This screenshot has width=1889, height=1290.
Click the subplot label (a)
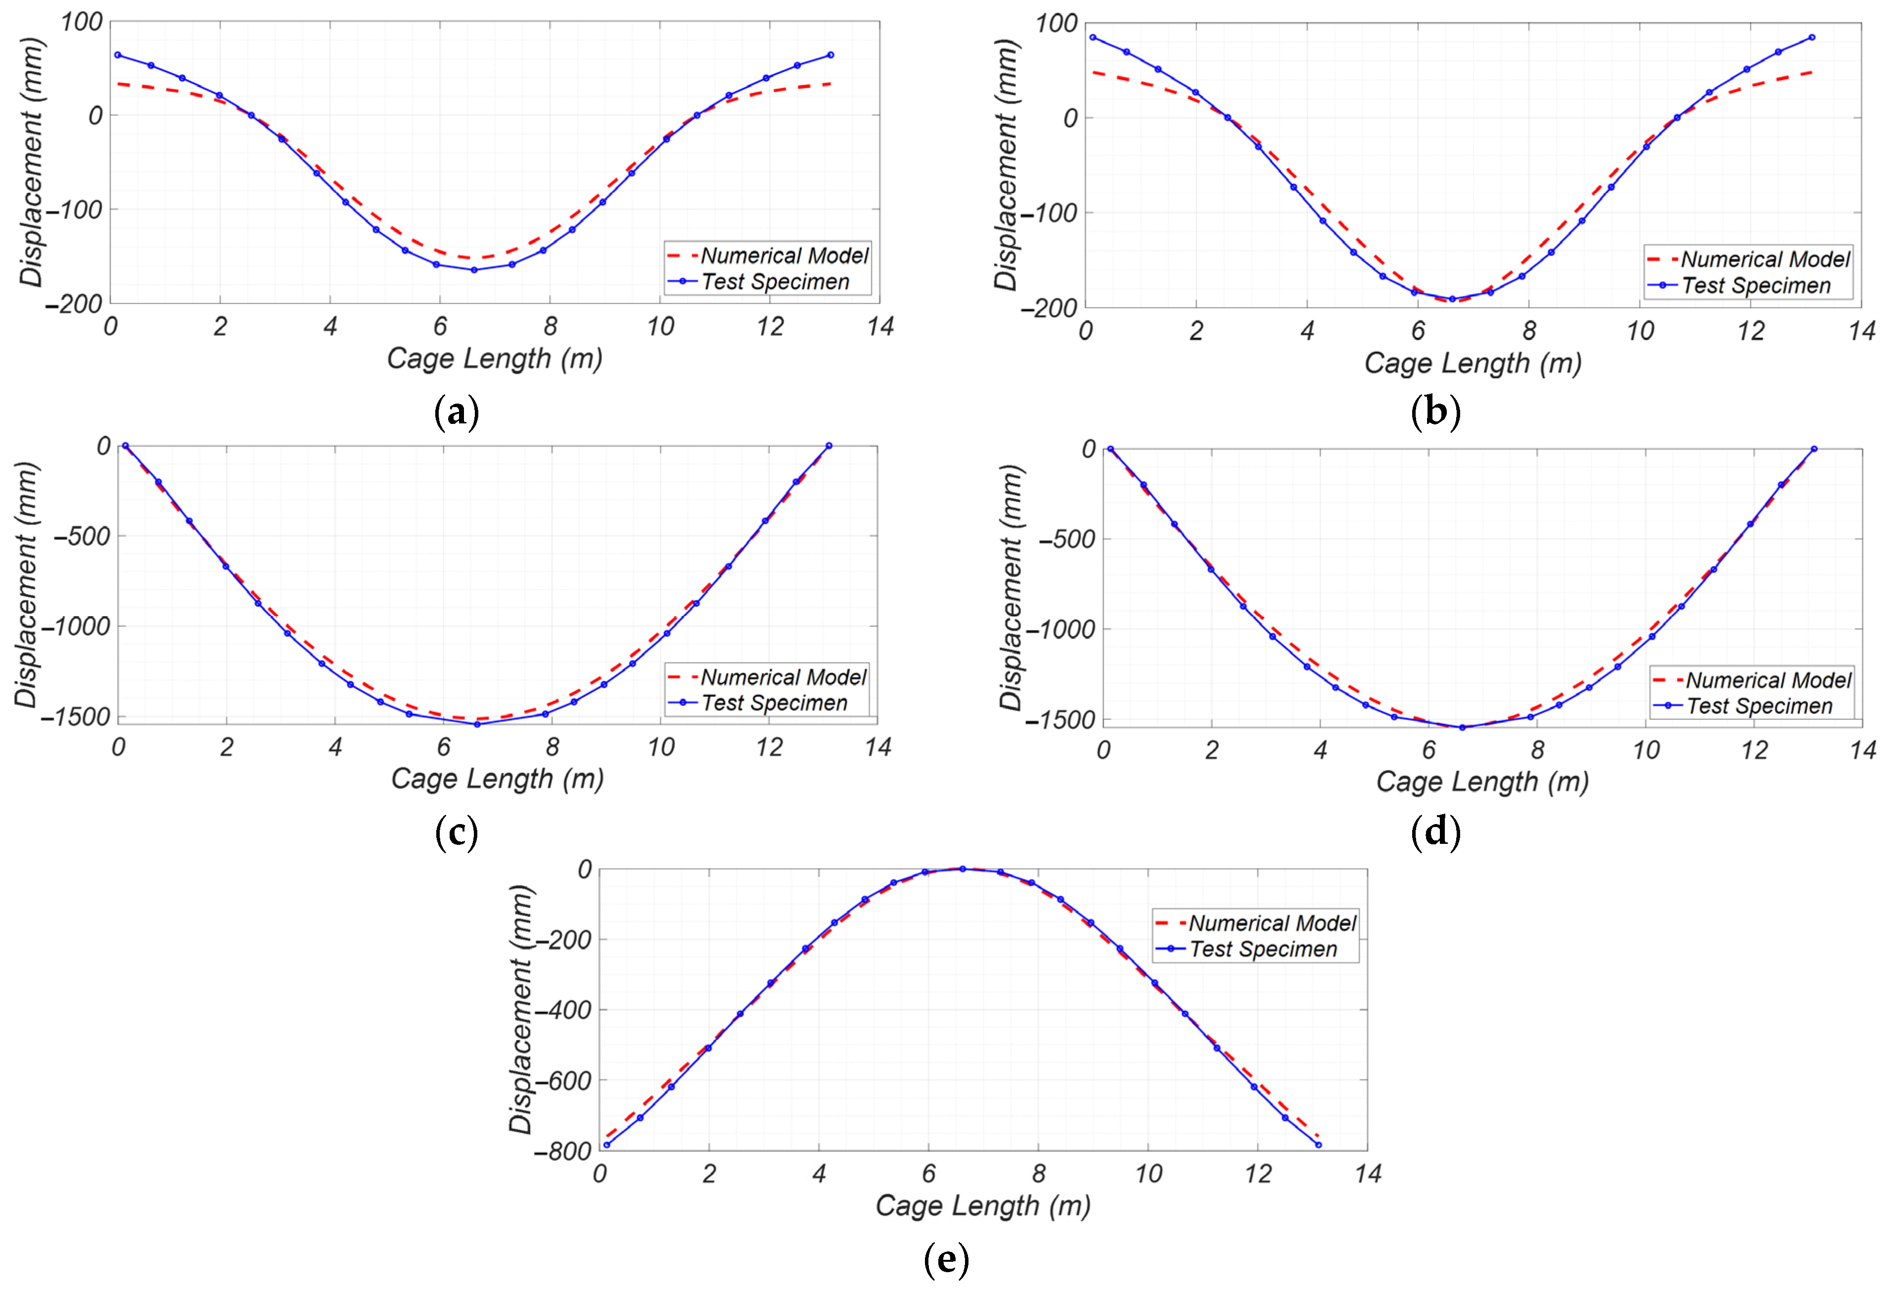(457, 413)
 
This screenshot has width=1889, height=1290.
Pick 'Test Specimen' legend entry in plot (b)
(1756, 285)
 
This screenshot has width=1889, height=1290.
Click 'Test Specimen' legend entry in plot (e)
(1262, 949)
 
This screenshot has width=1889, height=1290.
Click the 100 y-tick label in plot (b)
(1055, 24)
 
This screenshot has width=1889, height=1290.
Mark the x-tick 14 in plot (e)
(1368, 1174)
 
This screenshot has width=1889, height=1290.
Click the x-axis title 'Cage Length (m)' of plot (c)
(498, 779)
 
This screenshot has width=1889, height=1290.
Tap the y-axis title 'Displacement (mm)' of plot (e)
(520, 1009)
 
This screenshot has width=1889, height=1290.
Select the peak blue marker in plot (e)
(963, 869)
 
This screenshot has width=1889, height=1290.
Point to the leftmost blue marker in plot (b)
(1093, 38)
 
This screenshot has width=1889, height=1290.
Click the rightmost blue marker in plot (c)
(829, 446)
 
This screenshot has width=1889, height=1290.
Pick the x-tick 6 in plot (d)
(1429, 750)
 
